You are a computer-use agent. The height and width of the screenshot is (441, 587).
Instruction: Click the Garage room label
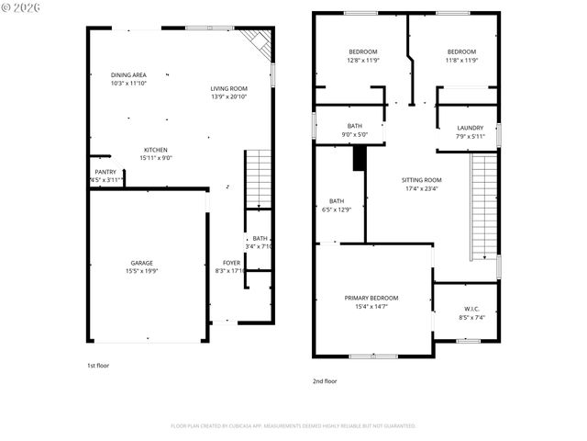click(140, 263)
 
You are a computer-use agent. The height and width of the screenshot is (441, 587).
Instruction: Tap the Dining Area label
click(128, 75)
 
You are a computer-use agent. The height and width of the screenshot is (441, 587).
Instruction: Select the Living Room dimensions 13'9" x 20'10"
click(229, 96)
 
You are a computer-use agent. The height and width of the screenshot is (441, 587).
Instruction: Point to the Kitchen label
click(155, 150)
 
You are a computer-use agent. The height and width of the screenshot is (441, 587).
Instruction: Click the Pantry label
click(105, 172)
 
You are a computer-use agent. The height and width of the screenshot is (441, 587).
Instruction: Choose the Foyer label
click(231, 263)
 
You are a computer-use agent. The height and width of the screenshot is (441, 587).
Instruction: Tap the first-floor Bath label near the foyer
click(260, 239)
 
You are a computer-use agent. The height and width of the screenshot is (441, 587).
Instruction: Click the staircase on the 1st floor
click(259, 178)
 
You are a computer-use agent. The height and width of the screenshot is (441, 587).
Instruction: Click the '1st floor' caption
click(98, 365)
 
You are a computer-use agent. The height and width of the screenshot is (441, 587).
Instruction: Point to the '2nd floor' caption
click(325, 380)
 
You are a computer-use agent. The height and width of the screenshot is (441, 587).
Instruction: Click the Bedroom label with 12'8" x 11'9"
click(363, 51)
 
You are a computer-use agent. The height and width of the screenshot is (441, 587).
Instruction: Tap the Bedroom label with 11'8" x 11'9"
click(461, 51)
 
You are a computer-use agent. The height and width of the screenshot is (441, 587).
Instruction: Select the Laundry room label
click(470, 128)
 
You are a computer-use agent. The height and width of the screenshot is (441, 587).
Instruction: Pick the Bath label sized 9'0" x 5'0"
click(355, 126)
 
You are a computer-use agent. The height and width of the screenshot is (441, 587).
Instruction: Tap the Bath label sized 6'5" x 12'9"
click(337, 201)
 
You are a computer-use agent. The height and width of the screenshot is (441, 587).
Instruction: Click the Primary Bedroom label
click(371, 298)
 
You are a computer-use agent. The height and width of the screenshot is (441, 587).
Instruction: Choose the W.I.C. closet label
click(471, 309)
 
